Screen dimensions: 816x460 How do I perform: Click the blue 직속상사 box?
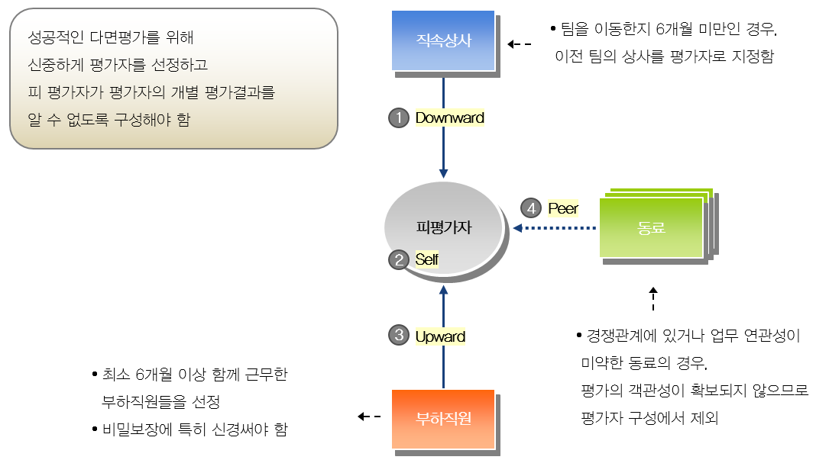pyautogui.click(x=443, y=40)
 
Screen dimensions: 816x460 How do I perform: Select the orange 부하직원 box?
pyautogui.click(x=443, y=419)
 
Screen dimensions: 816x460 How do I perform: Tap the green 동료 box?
pyautogui.click(x=651, y=227)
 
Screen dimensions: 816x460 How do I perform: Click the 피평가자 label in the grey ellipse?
pyautogui.click(x=443, y=227)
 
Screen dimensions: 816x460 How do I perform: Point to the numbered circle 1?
pyautogui.click(x=399, y=118)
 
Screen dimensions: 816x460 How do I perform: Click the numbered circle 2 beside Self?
pyautogui.click(x=399, y=259)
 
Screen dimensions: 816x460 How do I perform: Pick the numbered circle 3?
pyautogui.click(x=399, y=335)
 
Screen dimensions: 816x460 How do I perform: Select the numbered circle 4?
pyautogui.click(x=531, y=208)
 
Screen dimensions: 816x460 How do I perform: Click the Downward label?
pyautogui.click(x=449, y=118)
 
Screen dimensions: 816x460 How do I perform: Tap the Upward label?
pyautogui.click(x=440, y=336)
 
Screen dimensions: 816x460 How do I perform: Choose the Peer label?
pyautogui.click(x=563, y=208)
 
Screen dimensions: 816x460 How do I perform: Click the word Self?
pyautogui.click(x=427, y=259)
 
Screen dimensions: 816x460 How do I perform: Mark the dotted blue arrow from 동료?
pyautogui.click(x=554, y=227)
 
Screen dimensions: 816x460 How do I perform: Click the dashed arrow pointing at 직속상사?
pyautogui.click(x=520, y=44)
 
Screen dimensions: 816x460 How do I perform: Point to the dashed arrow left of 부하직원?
pyautogui.click(x=370, y=417)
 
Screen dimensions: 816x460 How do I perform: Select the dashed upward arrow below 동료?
pyautogui.click(x=653, y=299)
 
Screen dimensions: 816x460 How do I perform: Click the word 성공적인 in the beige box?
pyautogui.click(x=56, y=37)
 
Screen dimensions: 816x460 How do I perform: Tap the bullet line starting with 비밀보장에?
pyautogui.click(x=189, y=429)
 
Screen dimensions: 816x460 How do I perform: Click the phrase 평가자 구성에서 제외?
pyautogui.click(x=649, y=418)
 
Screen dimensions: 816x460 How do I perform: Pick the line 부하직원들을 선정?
pyautogui.click(x=160, y=402)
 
